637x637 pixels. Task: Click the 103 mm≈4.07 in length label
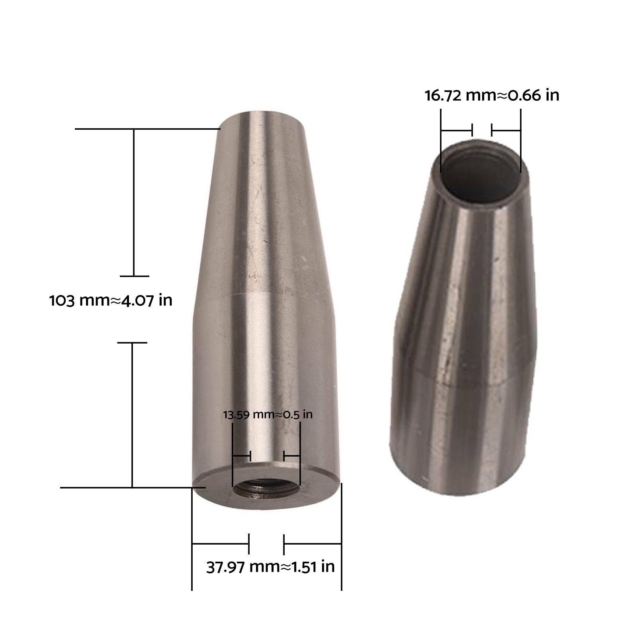coord(111,300)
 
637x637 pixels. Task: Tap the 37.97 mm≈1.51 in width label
coord(270,567)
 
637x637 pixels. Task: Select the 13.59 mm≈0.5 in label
coord(268,414)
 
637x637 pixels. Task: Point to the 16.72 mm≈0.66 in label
coord(492,96)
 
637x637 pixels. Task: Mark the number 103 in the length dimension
coord(62,301)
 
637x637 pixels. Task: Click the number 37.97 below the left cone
coord(226,567)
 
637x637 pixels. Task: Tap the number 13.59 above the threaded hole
coord(236,415)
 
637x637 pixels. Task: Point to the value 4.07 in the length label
coord(138,300)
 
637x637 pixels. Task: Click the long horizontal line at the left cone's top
coord(147,129)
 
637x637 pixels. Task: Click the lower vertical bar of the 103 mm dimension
coord(132,414)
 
